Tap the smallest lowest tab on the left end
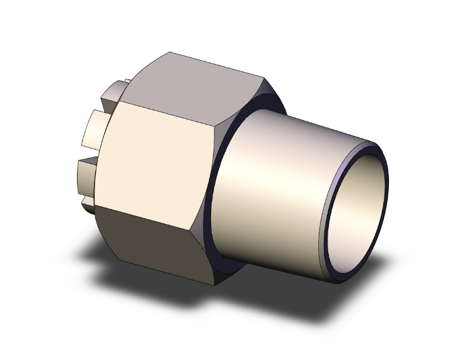[x=87, y=203]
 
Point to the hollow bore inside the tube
[x=360, y=213]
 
